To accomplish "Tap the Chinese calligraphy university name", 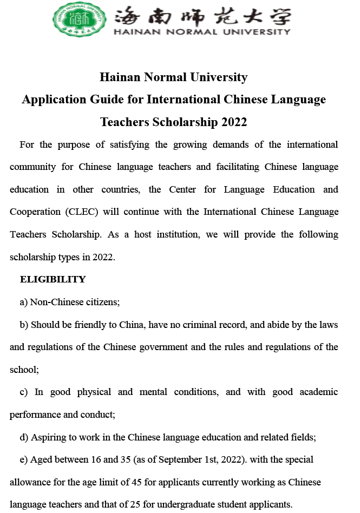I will pyautogui.click(x=202, y=16).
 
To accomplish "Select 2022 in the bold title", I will pyautogui.click(x=234, y=122).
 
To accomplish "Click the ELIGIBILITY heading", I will pyautogui.click(x=53, y=279).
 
